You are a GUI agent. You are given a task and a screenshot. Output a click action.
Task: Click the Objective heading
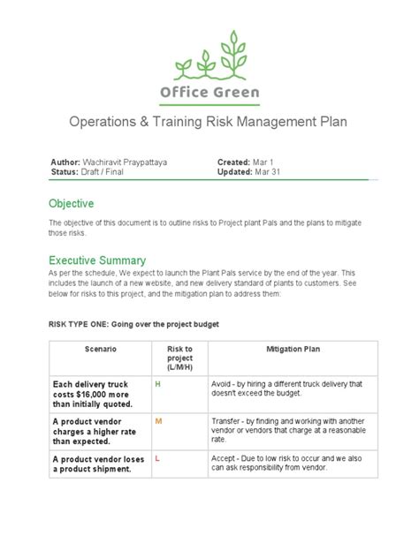[x=72, y=204]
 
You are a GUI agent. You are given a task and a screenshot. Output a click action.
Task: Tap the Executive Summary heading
[x=97, y=260]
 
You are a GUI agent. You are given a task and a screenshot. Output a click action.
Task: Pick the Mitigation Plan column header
[x=293, y=350]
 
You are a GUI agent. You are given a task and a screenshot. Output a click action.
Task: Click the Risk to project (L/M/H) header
[x=179, y=358]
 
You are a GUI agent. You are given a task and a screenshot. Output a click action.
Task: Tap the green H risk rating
[x=158, y=385]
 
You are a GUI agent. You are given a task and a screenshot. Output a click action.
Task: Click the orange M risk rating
[x=158, y=421]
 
